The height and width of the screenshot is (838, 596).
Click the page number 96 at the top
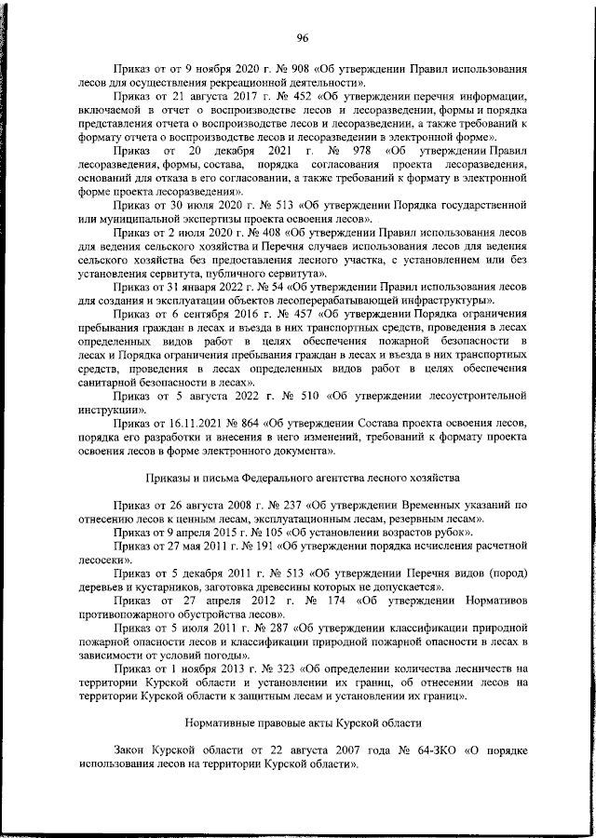pos(303,37)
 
